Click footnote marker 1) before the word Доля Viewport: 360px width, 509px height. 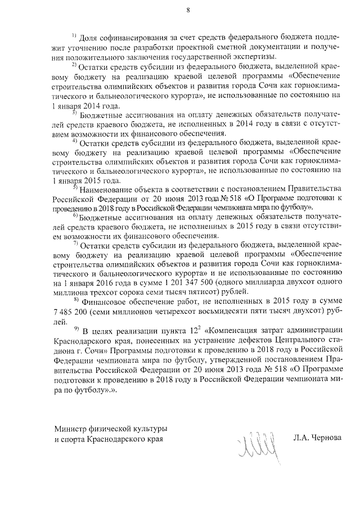click(74, 35)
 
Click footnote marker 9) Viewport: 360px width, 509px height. click(75, 328)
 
